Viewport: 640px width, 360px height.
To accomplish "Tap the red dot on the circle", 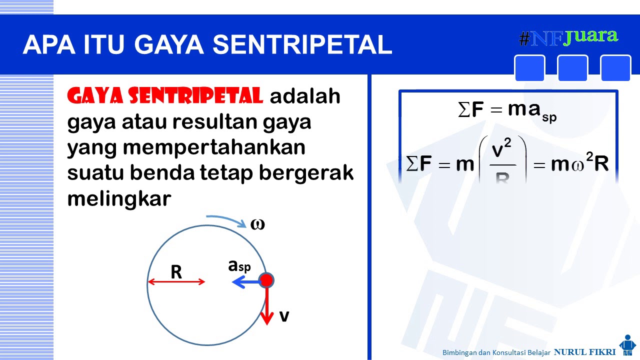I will coord(266,280).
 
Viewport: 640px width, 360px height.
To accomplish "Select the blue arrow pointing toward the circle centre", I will coord(245,283).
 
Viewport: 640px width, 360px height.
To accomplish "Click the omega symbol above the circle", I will coord(257,224).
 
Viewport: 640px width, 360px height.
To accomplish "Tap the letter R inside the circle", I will coord(176,272).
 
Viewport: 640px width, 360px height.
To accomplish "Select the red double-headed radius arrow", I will coord(176,282).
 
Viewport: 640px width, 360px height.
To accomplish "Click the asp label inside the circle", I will coord(239,266).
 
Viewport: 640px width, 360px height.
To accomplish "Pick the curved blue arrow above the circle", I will coord(224,219).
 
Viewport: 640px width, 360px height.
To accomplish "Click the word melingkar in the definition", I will coord(119,198).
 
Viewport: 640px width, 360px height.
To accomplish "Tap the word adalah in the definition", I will coord(305,96).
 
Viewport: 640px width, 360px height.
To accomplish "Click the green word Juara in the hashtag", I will coord(590,36).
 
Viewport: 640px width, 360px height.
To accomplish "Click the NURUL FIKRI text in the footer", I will coord(584,352).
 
